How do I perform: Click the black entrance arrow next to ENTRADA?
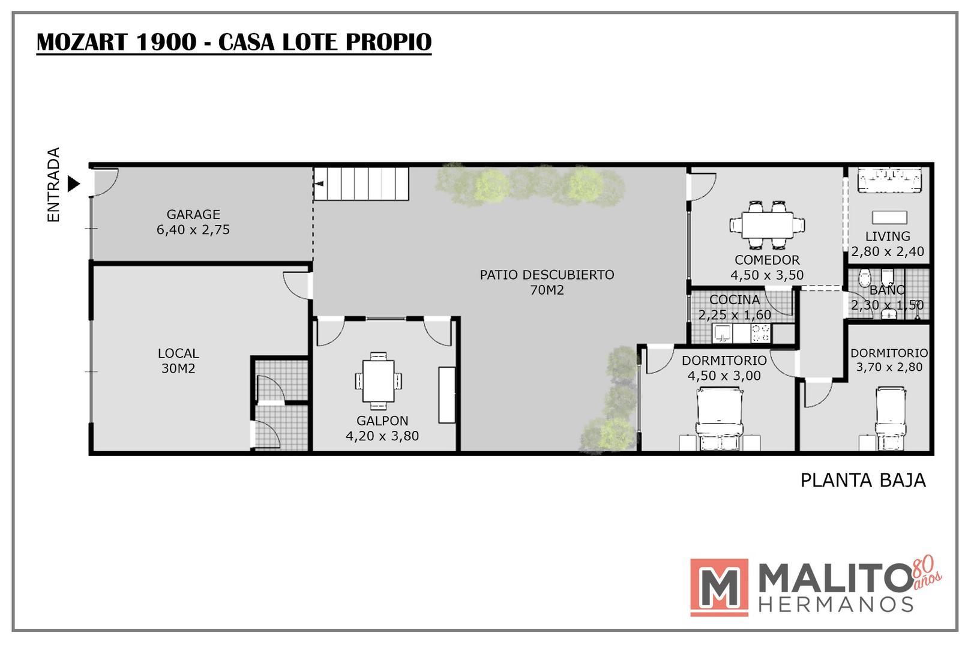[73, 184]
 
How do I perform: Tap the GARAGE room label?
[193, 214]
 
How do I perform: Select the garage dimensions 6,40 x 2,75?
[193, 230]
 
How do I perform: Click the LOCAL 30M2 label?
[178, 361]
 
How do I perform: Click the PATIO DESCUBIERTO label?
[547, 275]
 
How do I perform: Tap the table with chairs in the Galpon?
[378, 382]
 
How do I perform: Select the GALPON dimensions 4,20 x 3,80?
[382, 436]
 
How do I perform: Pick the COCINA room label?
[735, 299]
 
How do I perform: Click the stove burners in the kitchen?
[761, 332]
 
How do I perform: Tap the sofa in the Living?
[888, 181]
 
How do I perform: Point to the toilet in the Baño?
[865, 278]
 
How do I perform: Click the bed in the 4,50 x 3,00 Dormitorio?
[719, 414]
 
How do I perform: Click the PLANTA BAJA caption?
[863, 481]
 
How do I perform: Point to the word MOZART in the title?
[83, 43]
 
